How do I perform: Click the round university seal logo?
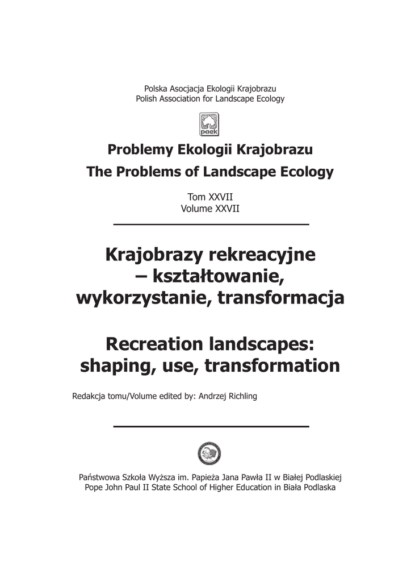(x=209, y=452)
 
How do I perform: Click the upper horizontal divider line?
(x=211, y=225)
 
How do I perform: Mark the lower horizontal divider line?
(x=211, y=426)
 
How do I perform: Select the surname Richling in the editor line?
(x=238, y=396)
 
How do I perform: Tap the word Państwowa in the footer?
(x=101, y=477)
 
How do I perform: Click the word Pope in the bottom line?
(x=94, y=488)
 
